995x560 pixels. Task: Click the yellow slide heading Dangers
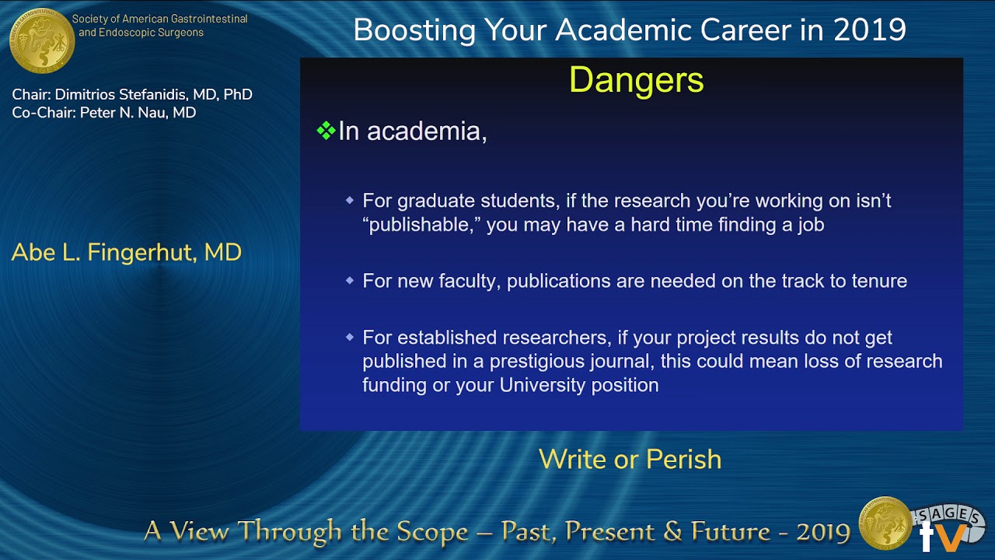[636, 80]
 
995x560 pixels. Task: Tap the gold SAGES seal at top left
[42, 40]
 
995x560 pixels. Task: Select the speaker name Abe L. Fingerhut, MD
[127, 252]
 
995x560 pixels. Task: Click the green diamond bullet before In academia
[326, 131]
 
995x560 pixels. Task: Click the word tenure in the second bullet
[875, 281]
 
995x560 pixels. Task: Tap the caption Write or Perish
[630, 459]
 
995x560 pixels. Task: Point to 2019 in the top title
[869, 30]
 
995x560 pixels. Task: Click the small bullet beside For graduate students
[350, 201]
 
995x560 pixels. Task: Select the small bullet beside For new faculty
[350, 281]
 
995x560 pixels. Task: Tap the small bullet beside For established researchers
[350, 338]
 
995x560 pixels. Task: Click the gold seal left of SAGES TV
[885, 523]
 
